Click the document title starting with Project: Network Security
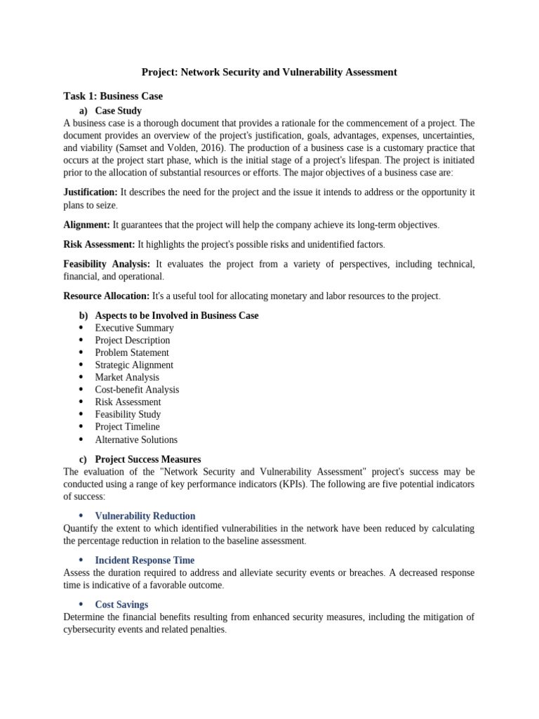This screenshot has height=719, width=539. (269, 72)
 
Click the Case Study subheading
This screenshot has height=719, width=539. (118, 110)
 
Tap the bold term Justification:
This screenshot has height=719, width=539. (91, 192)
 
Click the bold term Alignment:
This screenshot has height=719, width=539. (86, 225)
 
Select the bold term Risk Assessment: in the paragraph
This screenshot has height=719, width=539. (99, 244)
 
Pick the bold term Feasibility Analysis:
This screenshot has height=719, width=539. (107, 264)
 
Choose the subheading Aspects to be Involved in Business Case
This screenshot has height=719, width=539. (176, 315)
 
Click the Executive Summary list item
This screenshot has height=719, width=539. (134, 328)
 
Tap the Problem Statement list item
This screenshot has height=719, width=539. (132, 352)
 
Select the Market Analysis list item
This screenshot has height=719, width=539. (127, 377)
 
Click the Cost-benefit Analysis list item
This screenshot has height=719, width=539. (137, 390)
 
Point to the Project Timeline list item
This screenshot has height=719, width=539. (127, 427)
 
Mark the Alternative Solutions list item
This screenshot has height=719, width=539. (136, 440)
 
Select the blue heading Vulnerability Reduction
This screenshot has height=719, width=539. (145, 515)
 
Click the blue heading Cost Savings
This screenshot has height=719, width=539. (121, 605)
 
